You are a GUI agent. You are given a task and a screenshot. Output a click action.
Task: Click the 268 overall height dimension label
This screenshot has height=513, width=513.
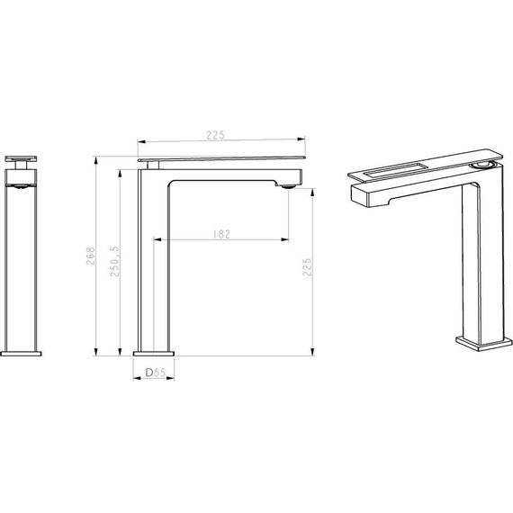point(90,256)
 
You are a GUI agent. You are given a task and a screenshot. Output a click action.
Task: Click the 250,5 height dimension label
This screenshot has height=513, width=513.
point(115,261)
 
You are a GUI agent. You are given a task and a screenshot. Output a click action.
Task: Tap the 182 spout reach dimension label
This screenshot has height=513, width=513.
point(221,234)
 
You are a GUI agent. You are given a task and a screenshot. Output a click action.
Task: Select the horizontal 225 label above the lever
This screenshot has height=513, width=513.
point(216,135)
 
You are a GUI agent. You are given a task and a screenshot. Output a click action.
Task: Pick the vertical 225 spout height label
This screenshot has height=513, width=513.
point(307,267)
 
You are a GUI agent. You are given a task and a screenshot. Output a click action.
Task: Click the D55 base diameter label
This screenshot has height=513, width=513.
point(156,373)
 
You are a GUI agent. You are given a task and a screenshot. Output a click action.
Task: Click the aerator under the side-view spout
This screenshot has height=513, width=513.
point(288,187)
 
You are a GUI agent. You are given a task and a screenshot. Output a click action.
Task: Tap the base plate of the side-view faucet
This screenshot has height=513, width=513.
point(154,354)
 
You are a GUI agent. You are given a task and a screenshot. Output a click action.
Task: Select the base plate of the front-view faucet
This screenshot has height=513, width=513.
point(21,354)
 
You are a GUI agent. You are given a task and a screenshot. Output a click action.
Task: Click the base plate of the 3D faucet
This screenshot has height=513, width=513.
point(484,344)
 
